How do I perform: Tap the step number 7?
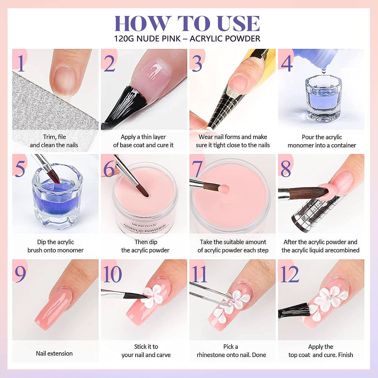[x=197, y=169]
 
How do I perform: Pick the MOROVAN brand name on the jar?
[x=144, y=225]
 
